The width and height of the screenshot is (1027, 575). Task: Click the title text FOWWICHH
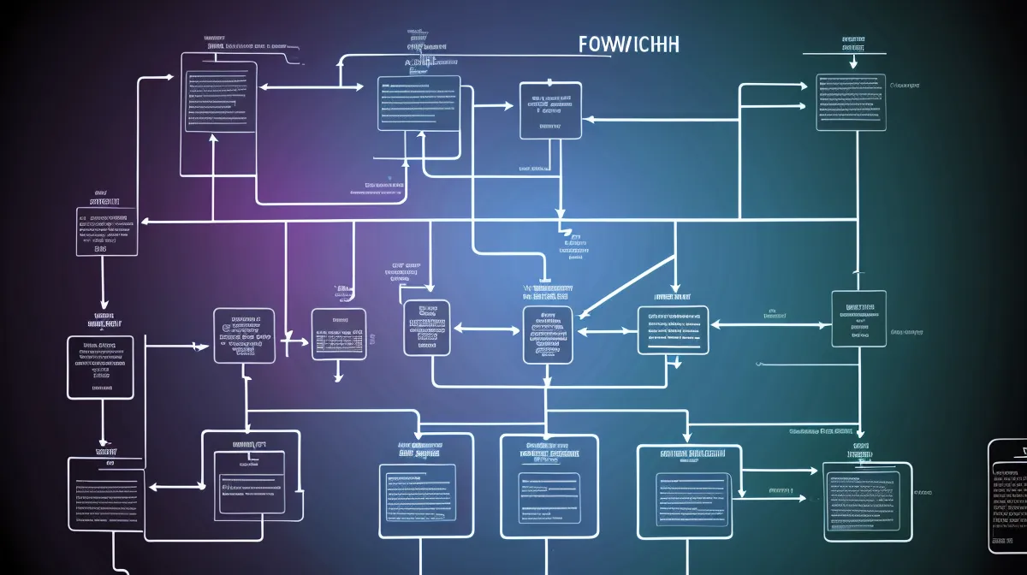(628, 44)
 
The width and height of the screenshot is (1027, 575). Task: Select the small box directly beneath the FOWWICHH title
(550, 110)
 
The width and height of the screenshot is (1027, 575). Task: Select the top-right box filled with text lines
(851, 102)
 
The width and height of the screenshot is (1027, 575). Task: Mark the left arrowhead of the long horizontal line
(145, 222)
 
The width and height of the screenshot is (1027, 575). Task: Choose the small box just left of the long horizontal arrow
(106, 230)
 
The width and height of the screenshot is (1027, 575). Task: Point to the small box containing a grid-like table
(338, 334)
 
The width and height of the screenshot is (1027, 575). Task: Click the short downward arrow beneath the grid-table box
(339, 373)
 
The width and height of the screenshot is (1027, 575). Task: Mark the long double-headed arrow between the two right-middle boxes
(770, 325)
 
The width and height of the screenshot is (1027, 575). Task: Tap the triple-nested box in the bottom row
(549, 486)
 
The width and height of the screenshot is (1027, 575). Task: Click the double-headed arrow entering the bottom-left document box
(175, 486)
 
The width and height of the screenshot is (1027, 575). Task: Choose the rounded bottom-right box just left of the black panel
(867, 501)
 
